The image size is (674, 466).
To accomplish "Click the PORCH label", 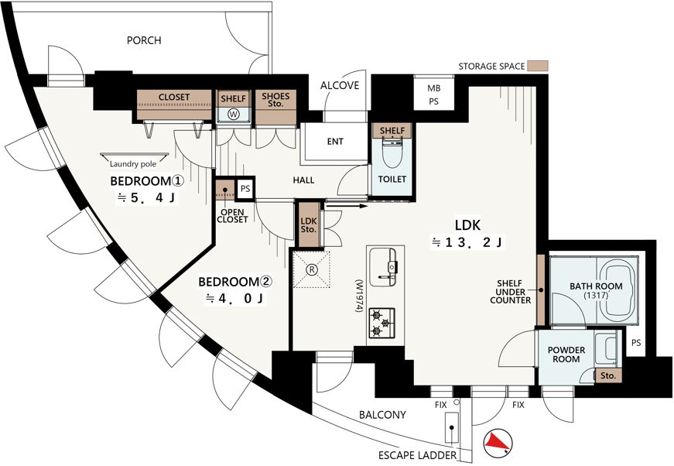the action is (144, 40).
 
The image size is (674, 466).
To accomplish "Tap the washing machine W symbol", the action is (234, 115).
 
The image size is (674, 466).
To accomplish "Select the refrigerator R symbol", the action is (311, 269).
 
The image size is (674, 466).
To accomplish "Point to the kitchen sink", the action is (382, 265).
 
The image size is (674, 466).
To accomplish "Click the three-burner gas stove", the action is (381, 323).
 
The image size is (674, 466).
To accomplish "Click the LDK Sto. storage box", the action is (309, 224).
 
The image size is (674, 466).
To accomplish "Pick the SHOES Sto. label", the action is (275, 100).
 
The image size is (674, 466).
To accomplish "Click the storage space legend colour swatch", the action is (538, 66).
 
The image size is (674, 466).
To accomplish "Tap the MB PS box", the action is (433, 94).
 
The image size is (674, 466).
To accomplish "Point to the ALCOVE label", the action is (340, 85).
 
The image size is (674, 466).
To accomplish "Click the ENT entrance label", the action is (335, 141).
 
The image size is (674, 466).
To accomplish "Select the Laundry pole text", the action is (133, 164).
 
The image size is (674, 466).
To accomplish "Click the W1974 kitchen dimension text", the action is (358, 296).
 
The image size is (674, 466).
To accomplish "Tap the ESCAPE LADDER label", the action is (417, 455).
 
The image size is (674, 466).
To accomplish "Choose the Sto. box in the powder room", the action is (607, 375).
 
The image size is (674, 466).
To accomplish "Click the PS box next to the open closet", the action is (245, 188).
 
